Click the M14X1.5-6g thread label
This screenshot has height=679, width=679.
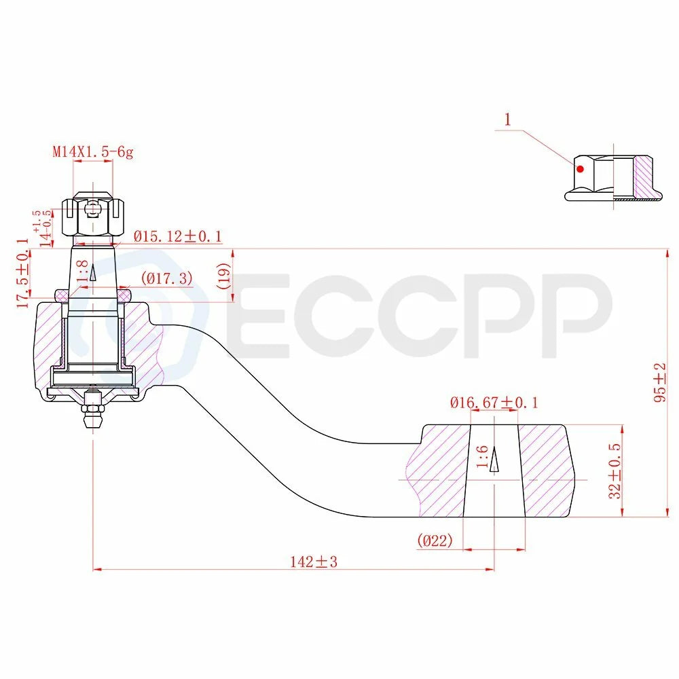click(92, 152)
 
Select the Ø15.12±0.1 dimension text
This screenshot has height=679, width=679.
click(177, 236)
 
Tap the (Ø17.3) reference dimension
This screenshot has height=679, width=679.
click(167, 278)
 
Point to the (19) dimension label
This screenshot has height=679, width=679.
click(225, 276)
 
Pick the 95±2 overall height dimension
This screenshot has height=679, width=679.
click(660, 382)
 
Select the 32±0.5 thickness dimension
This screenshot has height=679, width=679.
click(614, 471)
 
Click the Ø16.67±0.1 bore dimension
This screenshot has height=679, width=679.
click(494, 403)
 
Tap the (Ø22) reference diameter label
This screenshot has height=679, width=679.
click(435, 540)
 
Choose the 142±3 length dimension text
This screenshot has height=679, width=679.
click(314, 562)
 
